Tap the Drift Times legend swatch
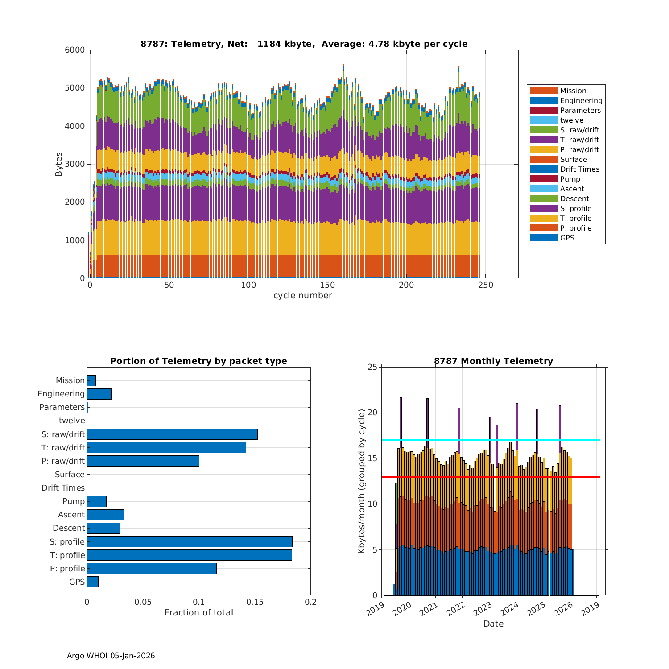point(544,169)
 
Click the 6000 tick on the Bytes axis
point(75,50)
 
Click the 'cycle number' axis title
point(302,296)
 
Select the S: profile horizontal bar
point(190,541)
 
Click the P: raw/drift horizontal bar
point(143,461)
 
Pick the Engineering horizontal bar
point(99,394)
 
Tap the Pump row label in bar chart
point(73,501)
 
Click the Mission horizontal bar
point(91,380)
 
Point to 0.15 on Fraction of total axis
point(255,602)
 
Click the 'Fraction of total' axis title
point(198,613)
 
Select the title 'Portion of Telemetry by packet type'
point(198,361)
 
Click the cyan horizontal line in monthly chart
point(491,440)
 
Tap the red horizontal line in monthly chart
point(491,477)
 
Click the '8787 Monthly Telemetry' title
point(493,361)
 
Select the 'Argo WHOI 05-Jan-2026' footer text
point(111,656)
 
